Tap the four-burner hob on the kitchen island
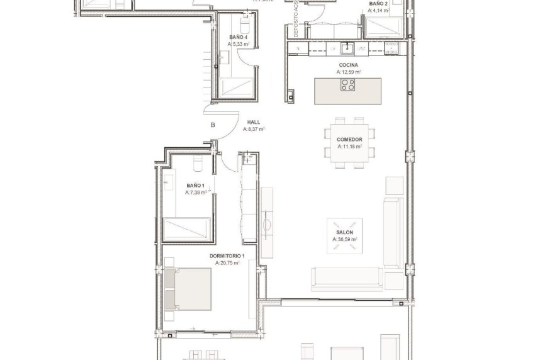coord(348,84)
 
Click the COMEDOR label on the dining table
coord(350,139)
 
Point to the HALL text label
coord(254,123)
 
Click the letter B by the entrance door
coord(213,125)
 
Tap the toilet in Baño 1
coord(196,164)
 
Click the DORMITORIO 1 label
coord(227,256)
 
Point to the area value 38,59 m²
coord(345,240)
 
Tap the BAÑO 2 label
coord(378,4)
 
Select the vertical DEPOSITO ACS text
coord(286,22)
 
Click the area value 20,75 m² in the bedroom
coord(227,263)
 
